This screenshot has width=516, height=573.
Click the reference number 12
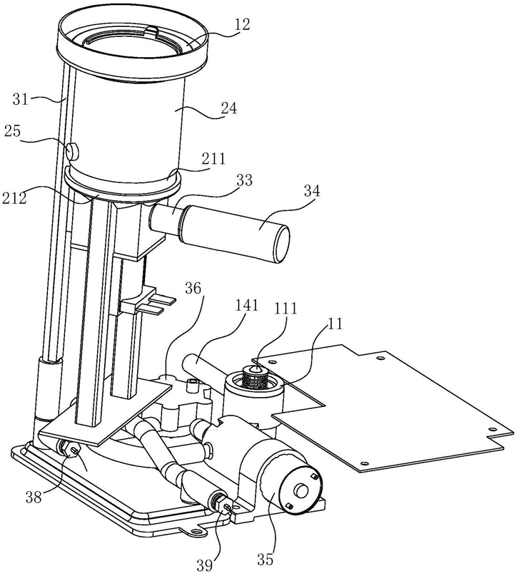(242, 24)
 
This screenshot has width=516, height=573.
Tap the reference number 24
(228, 108)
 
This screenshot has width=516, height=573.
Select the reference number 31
(21, 98)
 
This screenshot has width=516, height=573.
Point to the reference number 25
(12, 131)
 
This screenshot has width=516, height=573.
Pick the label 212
(14, 197)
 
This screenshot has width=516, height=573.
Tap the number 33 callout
(245, 180)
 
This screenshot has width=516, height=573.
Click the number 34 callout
(312, 190)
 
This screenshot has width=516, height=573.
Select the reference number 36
(193, 289)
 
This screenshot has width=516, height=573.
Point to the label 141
(246, 305)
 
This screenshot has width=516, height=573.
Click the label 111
(285, 309)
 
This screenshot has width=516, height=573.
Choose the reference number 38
(34, 497)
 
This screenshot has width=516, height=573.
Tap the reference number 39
(205, 565)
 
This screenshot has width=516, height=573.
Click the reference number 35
(265, 559)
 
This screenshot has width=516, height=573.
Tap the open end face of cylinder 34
(282, 244)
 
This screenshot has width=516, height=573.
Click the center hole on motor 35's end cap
(302, 491)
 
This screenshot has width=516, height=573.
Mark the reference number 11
(335, 324)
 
